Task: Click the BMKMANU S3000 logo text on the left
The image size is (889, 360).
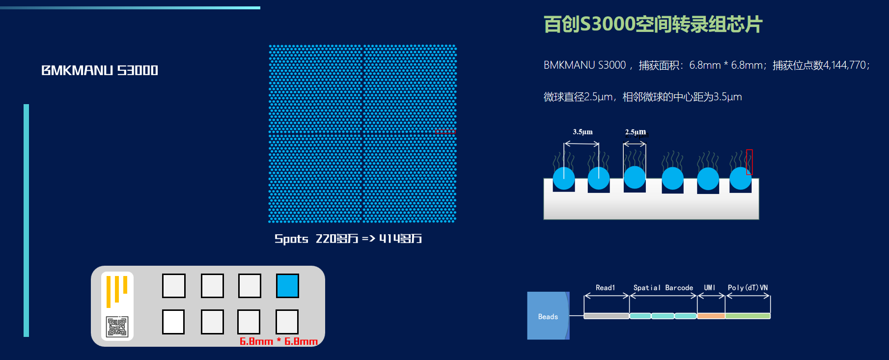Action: [100, 70]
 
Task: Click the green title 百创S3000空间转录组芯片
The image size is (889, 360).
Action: [653, 24]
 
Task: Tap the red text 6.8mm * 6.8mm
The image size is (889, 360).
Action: [278, 341]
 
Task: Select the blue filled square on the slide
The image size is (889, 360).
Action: [287, 286]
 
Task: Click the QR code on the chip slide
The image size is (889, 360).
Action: [117, 327]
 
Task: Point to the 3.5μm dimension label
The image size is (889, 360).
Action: [583, 132]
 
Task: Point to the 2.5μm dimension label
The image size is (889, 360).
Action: [635, 132]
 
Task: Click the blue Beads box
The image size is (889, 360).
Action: [548, 316]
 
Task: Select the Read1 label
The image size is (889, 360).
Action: [605, 288]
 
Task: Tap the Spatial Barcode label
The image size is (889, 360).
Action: [663, 288]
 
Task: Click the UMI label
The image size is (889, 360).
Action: [710, 288]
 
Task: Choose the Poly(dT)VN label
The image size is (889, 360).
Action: [748, 288]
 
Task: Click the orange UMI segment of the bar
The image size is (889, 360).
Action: [711, 316]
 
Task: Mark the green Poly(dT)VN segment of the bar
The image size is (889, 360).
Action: [748, 316]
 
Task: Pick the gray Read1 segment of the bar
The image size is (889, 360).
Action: [606, 316]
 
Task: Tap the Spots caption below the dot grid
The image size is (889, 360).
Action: [348, 239]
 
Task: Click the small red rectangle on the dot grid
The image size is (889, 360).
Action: [445, 131]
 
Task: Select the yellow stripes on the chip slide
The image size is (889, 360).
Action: [117, 290]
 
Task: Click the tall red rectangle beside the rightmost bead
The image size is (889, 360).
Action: [749, 162]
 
